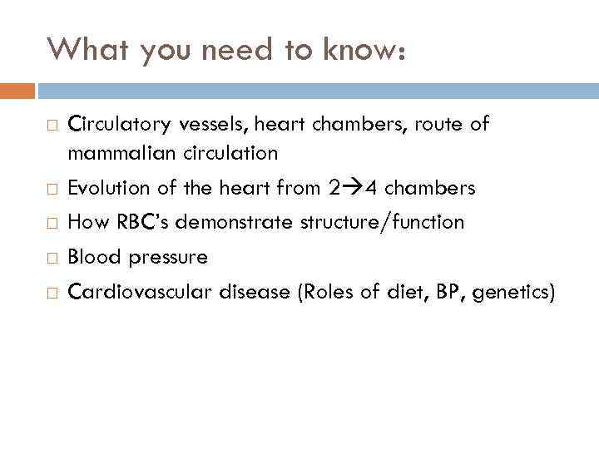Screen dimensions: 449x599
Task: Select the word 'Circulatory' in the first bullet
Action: pos(116,125)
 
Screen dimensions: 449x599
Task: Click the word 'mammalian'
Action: pos(111,153)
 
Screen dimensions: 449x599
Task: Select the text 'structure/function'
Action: pos(385,223)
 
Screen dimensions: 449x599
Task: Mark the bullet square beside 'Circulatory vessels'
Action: pos(52,126)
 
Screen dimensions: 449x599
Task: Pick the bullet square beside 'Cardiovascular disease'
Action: pos(52,293)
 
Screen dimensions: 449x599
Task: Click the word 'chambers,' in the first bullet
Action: pos(359,125)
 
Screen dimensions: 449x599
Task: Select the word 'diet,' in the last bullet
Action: pos(408,292)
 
